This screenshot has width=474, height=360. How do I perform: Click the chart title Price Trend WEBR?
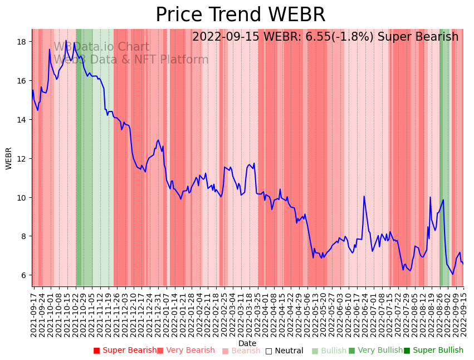tap(240, 15)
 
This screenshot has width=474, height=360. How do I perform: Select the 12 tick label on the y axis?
tap(22, 159)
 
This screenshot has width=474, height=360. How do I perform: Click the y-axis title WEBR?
tap(9, 158)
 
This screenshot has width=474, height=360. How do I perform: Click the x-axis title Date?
tap(247, 343)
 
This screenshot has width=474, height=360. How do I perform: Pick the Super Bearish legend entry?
tap(125, 351)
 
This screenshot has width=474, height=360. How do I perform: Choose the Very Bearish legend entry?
tap(185, 351)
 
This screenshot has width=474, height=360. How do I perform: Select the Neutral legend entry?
tap(284, 351)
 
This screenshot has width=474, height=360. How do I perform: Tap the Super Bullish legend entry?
tap(433, 351)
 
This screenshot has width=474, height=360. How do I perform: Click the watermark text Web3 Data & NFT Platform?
tap(131, 60)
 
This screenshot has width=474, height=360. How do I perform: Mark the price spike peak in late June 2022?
tap(364, 196)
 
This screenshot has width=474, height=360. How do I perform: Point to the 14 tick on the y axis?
tap(22, 120)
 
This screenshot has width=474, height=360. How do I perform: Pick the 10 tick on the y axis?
tap(22, 198)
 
